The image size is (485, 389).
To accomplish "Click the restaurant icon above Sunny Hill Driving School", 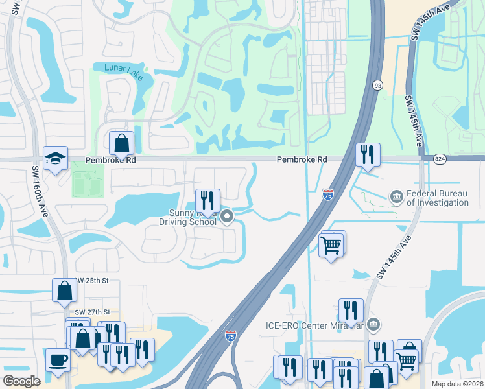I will point(207,199).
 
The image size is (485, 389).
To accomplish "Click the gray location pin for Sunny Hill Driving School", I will point(227,217).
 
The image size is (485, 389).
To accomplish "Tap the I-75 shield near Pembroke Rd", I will point(328,193).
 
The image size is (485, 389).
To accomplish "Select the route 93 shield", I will point(377,85).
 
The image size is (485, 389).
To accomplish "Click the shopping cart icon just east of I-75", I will point(331,244).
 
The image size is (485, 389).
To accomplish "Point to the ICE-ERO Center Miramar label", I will point(314,325).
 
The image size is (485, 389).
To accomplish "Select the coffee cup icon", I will point(58,359).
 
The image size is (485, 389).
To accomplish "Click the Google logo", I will point(21,381).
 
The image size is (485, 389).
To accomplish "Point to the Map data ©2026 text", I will point(458,384).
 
